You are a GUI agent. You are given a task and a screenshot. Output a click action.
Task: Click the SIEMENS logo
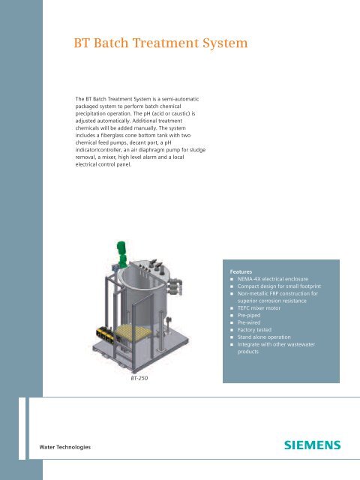click(x=312, y=445)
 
